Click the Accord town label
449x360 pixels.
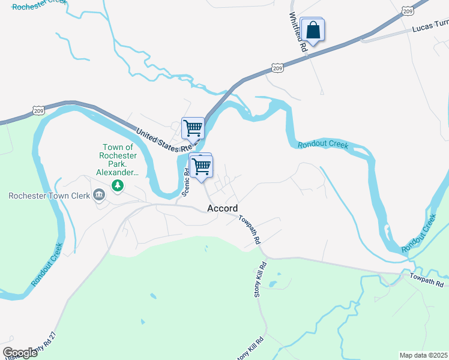click(222, 208)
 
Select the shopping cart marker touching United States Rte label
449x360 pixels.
click(193, 128)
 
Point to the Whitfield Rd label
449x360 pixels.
click(298, 31)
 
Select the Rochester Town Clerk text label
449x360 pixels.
click(49, 195)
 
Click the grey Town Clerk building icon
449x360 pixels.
click(99, 194)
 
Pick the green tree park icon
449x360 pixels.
click(118, 186)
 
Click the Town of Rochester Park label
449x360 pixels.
click(119, 160)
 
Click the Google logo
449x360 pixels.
click(20, 353)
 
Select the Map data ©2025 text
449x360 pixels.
click(424, 355)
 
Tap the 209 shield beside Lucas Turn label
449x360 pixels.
click(408, 11)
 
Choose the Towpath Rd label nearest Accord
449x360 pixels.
click(249, 229)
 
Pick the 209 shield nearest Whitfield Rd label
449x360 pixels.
click(277, 69)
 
